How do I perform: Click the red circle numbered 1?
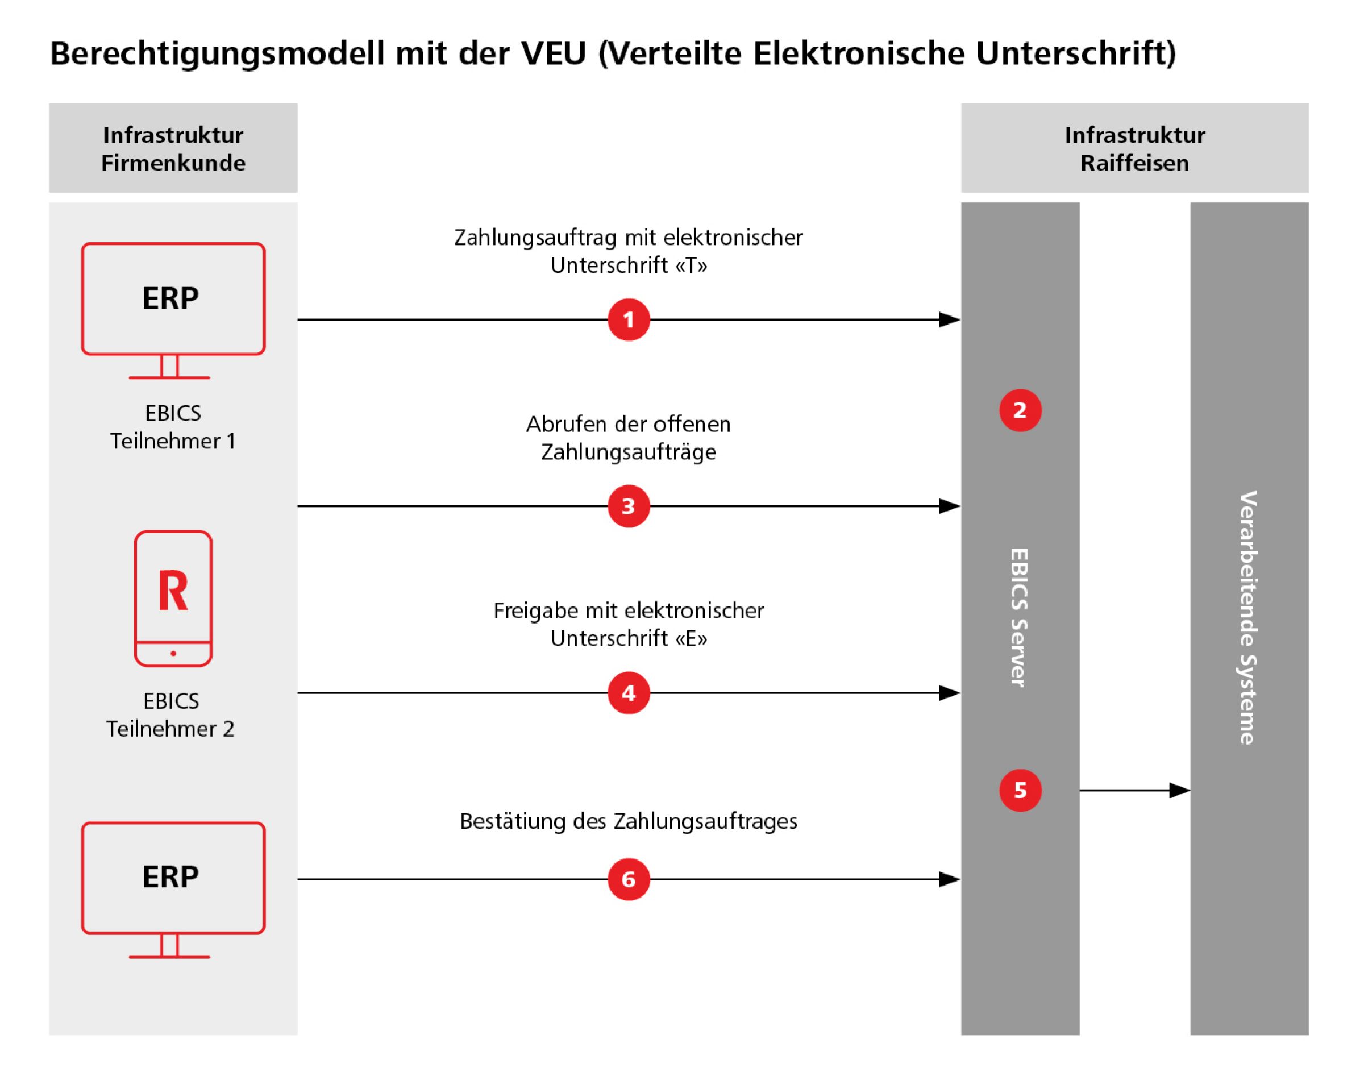[628, 319]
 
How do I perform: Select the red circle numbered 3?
[628, 506]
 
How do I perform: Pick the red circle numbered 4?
[628, 693]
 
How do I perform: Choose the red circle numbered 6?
[628, 879]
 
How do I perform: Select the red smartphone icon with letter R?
[173, 598]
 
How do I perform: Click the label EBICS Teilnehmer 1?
[173, 427]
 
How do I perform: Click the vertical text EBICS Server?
[1019, 618]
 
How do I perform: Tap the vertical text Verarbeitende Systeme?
[1248, 618]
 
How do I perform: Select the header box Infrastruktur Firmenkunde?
[173, 148]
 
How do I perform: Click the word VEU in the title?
[554, 53]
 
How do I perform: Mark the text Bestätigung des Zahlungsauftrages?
[628, 821]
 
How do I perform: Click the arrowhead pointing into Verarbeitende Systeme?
[1179, 791]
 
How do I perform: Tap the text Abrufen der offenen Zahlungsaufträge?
[628, 438]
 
